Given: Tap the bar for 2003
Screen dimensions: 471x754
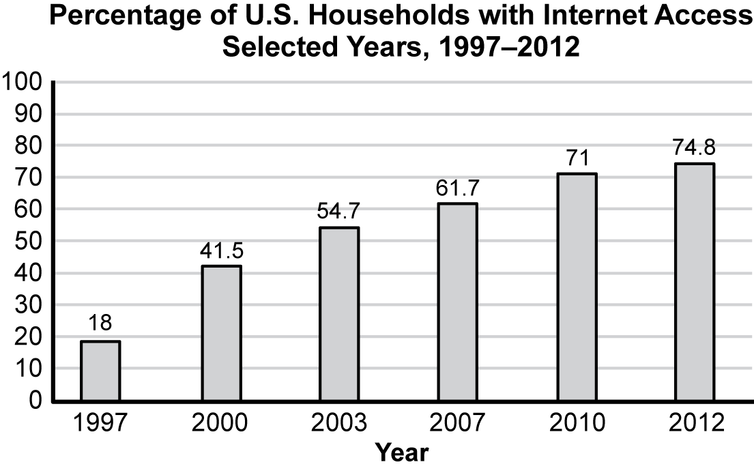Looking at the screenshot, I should tap(339, 313).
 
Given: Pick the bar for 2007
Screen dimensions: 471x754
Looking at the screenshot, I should tap(458, 302).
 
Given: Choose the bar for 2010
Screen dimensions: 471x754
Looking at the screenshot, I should tap(577, 287).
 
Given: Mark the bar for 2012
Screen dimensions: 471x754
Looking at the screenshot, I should tap(695, 281).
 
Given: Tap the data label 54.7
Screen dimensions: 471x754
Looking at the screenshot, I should tap(339, 212).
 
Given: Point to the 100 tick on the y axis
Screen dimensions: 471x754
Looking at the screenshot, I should tap(24, 83).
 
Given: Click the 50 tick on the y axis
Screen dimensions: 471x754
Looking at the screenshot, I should tap(30, 242).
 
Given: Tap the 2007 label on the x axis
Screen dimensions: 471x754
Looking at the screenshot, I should tap(458, 424).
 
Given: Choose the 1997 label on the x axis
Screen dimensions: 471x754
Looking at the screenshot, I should tap(100, 424).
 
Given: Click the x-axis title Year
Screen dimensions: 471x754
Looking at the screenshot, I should tap(403, 452).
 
